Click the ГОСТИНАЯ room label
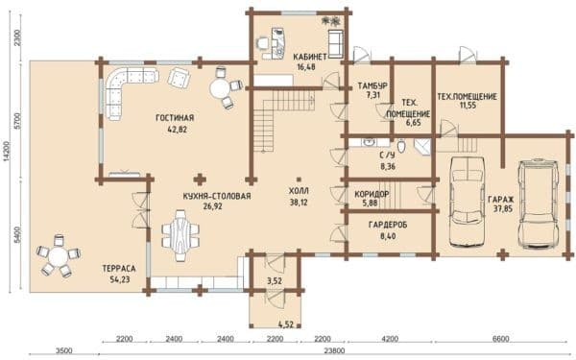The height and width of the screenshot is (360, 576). [175, 118]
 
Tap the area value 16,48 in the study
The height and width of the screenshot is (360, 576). [306, 67]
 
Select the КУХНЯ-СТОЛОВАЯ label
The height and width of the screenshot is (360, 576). [217, 196]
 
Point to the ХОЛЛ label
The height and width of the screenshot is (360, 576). [299, 191]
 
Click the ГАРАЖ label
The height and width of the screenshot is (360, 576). [501, 200]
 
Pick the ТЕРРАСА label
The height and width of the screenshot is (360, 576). [119, 269]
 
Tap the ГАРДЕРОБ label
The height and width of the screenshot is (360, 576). [388, 225]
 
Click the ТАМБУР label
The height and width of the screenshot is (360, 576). [372, 86]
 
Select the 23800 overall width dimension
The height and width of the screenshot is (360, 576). [335, 350]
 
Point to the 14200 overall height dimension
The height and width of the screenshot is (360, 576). [6, 151]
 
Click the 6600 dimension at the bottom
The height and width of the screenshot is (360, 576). [500, 338]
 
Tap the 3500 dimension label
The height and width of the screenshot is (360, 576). [63, 350]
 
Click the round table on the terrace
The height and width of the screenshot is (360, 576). [58, 256]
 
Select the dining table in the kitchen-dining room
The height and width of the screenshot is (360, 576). [180, 235]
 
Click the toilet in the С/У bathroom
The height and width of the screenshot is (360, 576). [401, 146]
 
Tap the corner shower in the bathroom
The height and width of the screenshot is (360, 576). [422, 147]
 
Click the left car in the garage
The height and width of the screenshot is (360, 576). [468, 202]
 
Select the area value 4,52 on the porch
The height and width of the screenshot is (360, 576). [285, 324]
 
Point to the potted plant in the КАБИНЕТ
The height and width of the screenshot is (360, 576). [331, 21]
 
